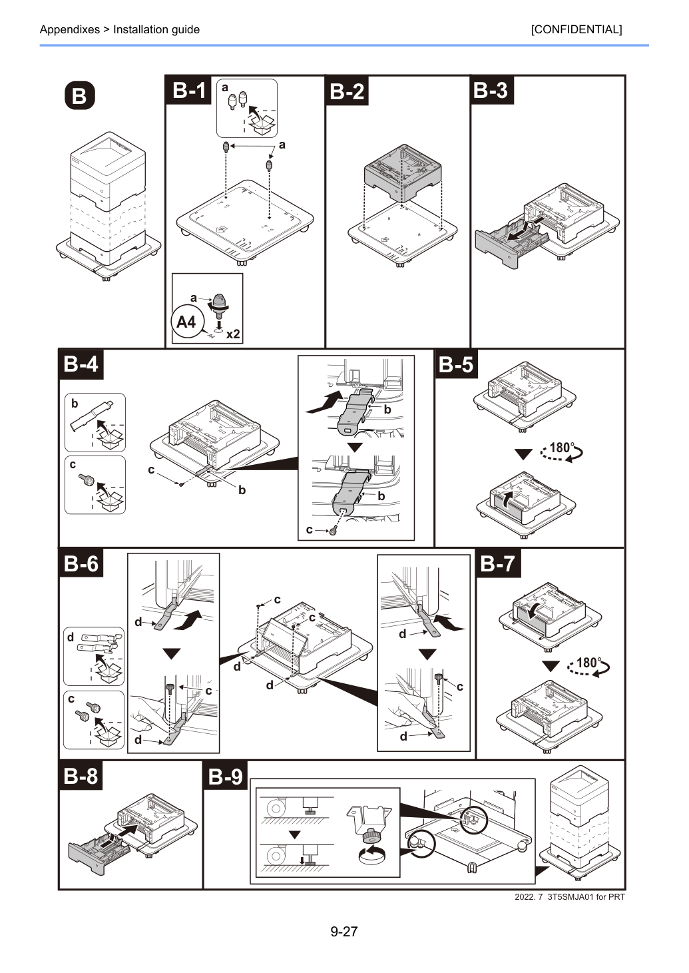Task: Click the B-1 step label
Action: point(188,91)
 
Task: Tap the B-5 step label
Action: point(455,364)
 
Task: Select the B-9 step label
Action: point(225,777)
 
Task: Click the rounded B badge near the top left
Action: point(79,95)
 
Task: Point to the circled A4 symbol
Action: point(186,322)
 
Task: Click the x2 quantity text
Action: point(233,334)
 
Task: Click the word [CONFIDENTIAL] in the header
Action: point(576,29)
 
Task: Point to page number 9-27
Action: point(344,931)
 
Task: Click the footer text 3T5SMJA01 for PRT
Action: point(586,897)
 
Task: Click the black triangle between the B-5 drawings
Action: point(523,454)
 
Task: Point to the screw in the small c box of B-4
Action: point(87,480)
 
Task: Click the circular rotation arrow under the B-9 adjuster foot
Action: point(373,855)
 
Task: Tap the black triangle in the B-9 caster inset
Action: point(295,834)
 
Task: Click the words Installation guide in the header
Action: point(156,29)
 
